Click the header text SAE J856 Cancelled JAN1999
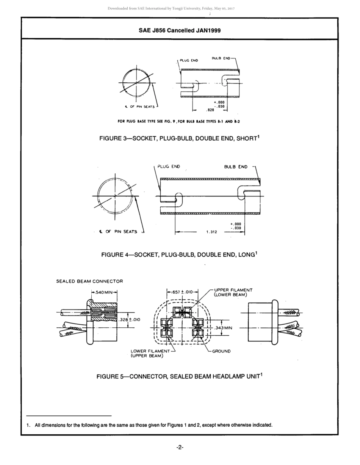(180, 30)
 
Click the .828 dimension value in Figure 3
(210, 110)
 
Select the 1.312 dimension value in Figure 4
(211, 232)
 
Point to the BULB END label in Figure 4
(236, 167)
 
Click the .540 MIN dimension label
(104, 292)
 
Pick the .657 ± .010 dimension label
(182, 292)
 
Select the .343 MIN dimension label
(223, 328)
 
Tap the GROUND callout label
(221, 351)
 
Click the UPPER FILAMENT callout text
(233, 290)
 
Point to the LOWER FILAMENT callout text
(150, 351)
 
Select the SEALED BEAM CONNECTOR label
(89, 281)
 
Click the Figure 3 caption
(180, 138)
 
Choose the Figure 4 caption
(180, 254)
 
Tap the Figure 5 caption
(180, 377)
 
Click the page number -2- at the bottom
(180, 448)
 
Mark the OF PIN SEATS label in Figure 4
(121, 232)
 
